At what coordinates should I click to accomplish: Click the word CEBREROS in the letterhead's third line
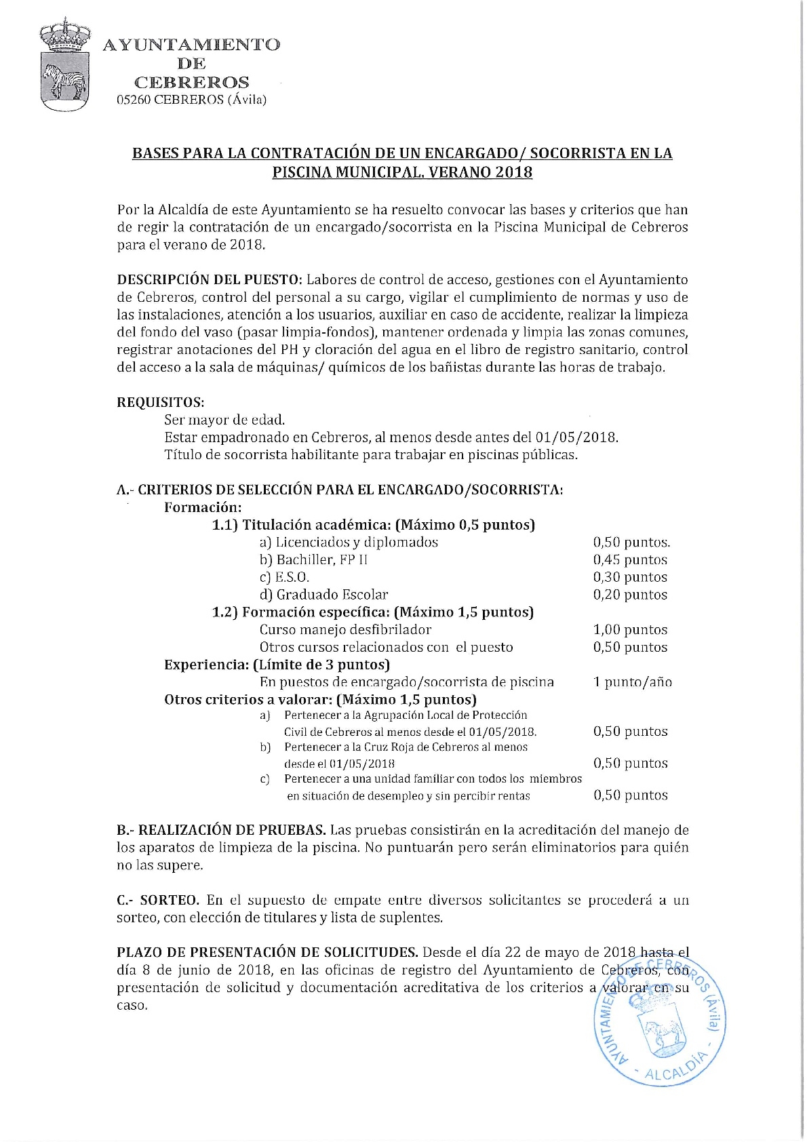[x=192, y=83]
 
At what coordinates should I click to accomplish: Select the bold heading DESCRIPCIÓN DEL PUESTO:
[x=210, y=280]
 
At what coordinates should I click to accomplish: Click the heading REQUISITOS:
[x=161, y=402]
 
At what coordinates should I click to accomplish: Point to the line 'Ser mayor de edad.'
[x=224, y=420]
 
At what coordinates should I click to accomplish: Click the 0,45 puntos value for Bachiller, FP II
[x=630, y=560]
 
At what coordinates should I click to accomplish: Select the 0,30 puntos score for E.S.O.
[x=630, y=578]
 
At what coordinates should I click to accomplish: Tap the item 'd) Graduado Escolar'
[x=323, y=595]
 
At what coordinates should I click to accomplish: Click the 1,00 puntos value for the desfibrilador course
[x=630, y=630]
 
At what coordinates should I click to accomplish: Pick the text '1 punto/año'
[x=632, y=682]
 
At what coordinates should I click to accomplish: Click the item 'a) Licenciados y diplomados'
[x=349, y=543]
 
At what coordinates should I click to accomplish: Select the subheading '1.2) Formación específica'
[x=372, y=612]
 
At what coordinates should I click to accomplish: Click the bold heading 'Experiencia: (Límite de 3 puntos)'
[x=277, y=665]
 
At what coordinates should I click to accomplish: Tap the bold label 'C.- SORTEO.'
[x=158, y=901]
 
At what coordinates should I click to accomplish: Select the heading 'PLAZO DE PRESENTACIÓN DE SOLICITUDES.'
[x=267, y=953]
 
